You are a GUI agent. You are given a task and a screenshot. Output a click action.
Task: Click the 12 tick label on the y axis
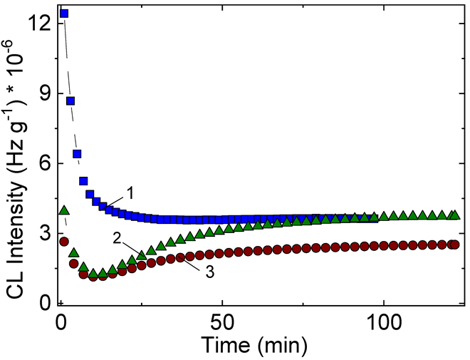pos(40,24)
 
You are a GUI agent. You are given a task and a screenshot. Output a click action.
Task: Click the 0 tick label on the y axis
pos(44,303)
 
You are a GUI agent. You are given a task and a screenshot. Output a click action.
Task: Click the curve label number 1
pos(130,192)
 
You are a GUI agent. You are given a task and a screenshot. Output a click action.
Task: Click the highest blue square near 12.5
pos(64,14)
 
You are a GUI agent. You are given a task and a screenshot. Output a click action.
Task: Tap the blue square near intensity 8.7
pos(70,101)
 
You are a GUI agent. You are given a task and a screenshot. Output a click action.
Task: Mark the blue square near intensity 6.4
pos(77,154)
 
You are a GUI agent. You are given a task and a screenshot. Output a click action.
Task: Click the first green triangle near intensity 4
pos(64,210)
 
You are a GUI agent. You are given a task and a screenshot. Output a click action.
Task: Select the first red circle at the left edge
pos(64,242)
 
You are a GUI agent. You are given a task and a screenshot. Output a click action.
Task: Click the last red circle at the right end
pos(454,245)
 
